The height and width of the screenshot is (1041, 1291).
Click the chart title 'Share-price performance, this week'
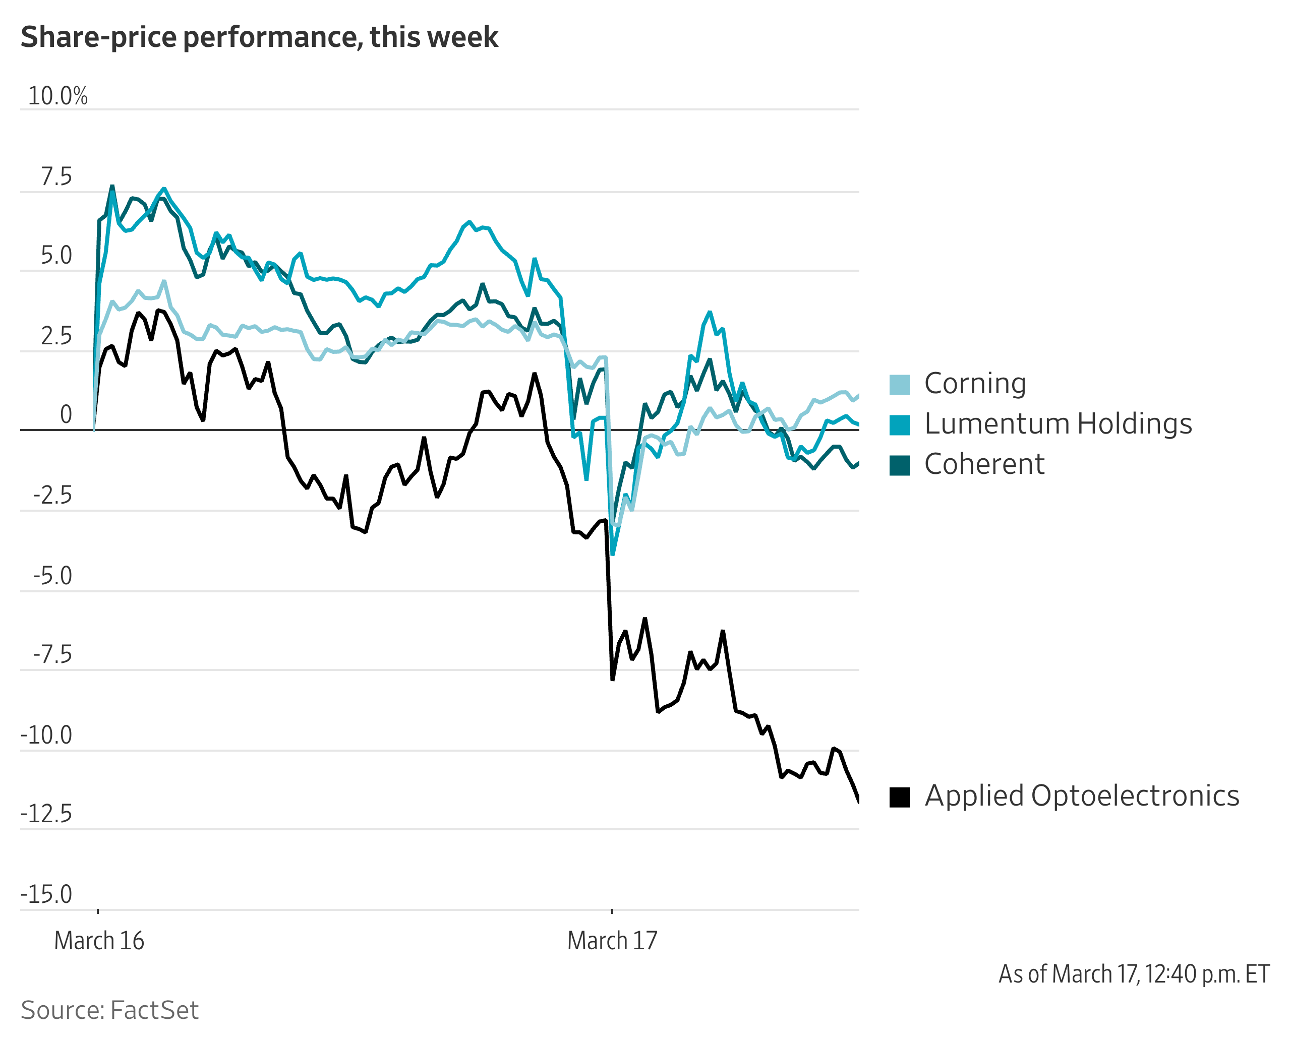pyautogui.click(x=259, y=37)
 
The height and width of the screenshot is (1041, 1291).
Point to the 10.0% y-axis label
pyautogui.click(x=57, y=96)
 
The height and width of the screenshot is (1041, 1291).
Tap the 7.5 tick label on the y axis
pyautogui.click(x=56, y=177)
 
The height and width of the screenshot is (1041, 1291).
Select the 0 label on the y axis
pyautogui.click(x=66, y=414)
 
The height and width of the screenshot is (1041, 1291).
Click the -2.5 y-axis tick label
pyautogui.click(x=53, y=496)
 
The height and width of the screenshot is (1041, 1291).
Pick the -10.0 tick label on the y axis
pyautogui.click(x=47, y=735)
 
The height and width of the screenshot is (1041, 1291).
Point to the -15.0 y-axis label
pyautogui.click(x=47, y=894)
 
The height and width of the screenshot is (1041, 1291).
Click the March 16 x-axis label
pyautogui.click(x=99, y=940)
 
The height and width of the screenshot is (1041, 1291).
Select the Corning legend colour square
pyautogui.click(x=899, y=384)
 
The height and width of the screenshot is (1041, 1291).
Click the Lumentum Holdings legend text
pyautogui.click(x=1058, y=424)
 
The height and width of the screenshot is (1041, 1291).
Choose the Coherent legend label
pyautogui.click(x=984, y=464)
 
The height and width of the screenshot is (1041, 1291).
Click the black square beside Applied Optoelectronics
pyautogui.click(x=899, y=797)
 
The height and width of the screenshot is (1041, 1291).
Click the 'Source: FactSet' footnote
pyautogui.click(x=109, y=1010)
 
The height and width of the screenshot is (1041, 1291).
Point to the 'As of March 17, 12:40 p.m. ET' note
pyautogui.click(x=1134, y=974)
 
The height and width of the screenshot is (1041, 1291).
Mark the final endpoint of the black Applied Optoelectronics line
pyautogui.click(x=858, y=801)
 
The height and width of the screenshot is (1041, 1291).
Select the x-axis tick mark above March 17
pyautogui.click(x=612, y=911)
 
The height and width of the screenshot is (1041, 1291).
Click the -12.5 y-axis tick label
pyautogui.click(x=47, y=814)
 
